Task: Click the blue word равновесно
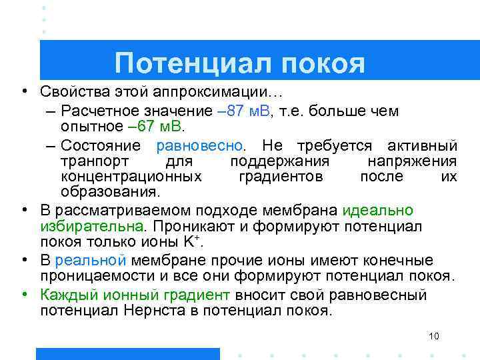[x=199, y=145]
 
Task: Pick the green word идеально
[x=378, y=211]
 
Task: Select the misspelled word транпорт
[x=92, y=161]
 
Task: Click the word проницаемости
[x=100, y=276]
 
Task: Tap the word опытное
[x=89, y=126]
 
